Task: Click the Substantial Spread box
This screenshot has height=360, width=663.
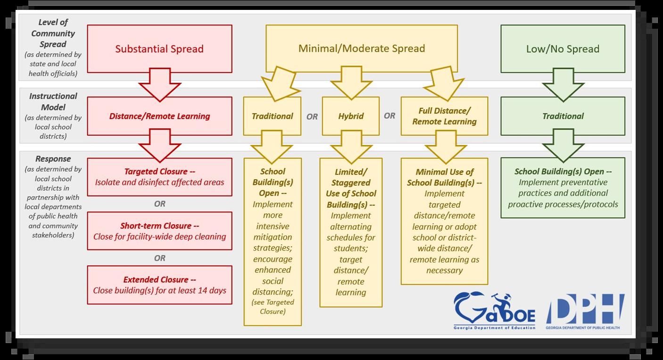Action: point(159,49)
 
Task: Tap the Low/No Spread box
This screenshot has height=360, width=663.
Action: point(563,49)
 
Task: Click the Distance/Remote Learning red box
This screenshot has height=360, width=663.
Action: point(159,116)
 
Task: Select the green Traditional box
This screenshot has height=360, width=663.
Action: point(563,116)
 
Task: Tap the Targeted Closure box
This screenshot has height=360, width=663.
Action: point(159,177)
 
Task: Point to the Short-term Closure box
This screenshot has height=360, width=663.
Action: point(159,231)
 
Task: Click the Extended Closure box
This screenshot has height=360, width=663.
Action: point(159,285)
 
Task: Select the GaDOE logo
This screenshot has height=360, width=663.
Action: point(494,311)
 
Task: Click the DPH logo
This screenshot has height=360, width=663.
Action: point(585,311)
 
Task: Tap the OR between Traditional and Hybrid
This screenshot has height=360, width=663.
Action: point(312,116)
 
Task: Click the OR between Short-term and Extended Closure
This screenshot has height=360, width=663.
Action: point(159,258)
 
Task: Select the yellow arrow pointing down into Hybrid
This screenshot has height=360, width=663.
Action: point(351,83)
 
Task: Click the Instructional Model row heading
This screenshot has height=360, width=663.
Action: point(53,101)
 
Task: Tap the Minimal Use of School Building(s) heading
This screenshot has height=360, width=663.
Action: point(444,177)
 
